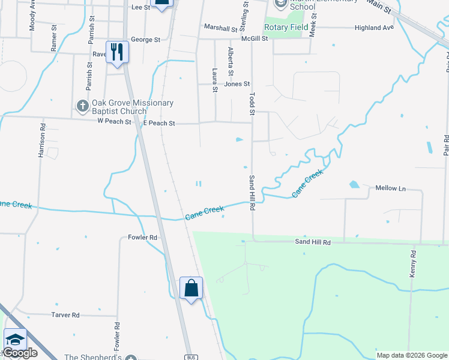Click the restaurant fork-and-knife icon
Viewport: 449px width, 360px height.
(x=116, y=52)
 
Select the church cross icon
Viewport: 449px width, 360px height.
(x=83, y=106)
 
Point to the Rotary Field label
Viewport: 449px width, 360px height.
(x=286, y=27)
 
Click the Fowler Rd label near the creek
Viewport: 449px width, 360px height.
(x=142, y=238)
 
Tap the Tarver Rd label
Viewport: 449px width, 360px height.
(x=65, y=315)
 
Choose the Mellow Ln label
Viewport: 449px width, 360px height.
(x=390, y=188)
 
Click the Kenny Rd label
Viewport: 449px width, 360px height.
(x=413, y=263)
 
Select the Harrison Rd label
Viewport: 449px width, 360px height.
(x=42, y=141)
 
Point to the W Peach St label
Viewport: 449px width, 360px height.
(x=114, y=122)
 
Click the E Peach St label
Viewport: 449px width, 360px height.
(x=159, y=123)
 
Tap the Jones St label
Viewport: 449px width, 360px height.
(x=237, y=85)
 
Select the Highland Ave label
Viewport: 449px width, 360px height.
(x=374, y=28)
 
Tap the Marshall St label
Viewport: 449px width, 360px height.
(x=220, y=28)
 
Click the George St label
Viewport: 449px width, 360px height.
(x=145, y=40)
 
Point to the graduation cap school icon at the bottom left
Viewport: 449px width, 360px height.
(x=15, y=340)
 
